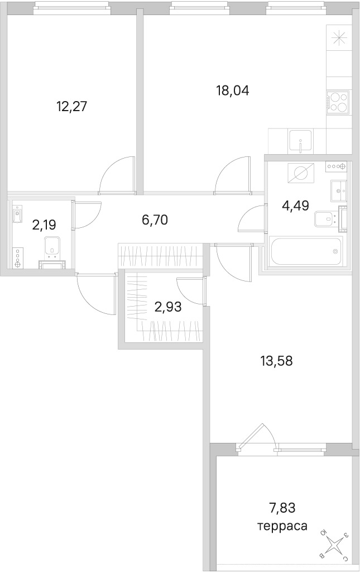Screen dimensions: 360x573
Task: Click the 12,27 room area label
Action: point(73,107)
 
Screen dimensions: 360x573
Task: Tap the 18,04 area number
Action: point(233,90)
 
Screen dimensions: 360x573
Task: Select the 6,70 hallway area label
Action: point(155,220)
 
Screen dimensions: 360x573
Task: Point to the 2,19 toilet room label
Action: point(44,225)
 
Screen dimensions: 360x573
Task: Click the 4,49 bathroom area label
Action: point(296,206)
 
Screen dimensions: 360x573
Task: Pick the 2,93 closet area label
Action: point(168,307)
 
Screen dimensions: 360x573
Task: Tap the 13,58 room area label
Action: point(277,361)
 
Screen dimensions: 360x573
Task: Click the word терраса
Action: point(282,526)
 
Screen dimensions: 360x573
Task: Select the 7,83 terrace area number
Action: point(282,508)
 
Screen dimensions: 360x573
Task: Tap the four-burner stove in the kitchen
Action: point(338,101)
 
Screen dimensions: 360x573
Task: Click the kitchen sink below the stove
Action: point(300,141)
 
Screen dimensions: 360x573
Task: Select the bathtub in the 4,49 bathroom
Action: point(306,250)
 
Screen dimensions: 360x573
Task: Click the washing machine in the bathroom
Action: point(301,172)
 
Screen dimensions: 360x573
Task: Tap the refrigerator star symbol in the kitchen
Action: point(338,37)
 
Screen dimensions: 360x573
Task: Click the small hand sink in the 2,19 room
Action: point(17,214)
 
